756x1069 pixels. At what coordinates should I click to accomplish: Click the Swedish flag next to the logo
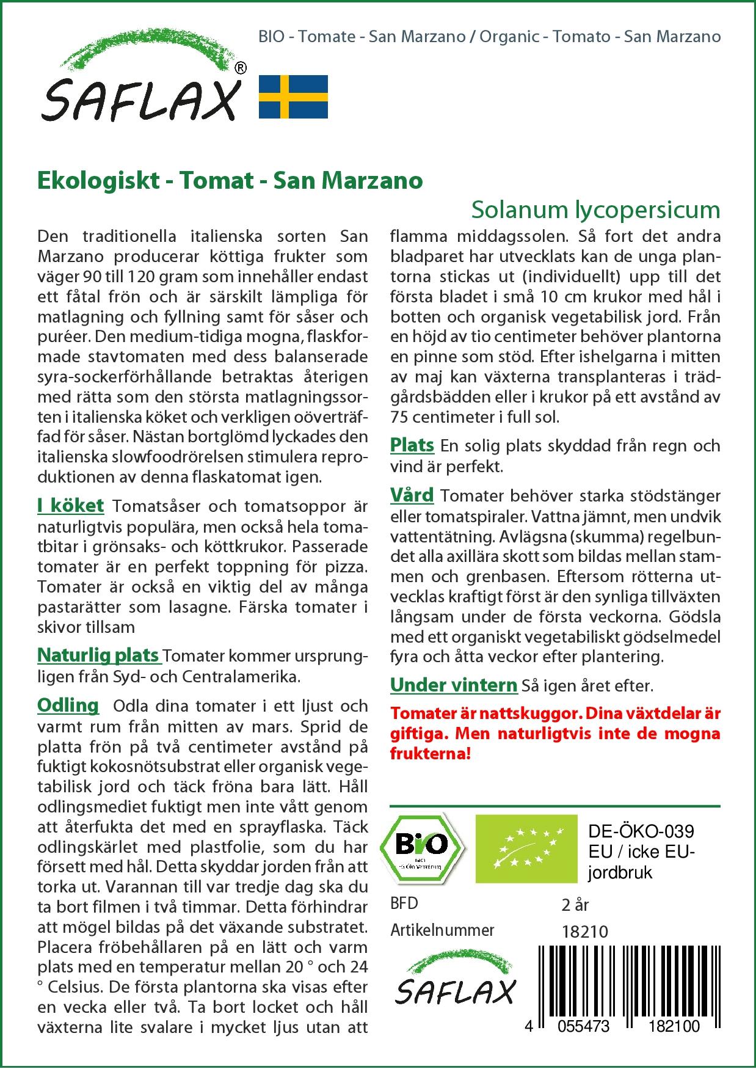(293, 97)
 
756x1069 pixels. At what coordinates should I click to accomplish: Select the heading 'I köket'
(70, 506)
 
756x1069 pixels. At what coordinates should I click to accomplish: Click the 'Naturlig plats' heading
(98, 655)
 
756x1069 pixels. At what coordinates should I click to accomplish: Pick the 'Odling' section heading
(68, 706)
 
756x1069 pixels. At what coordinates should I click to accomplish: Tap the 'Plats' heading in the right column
(412, 445)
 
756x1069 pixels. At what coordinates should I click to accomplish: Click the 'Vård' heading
(412, 495)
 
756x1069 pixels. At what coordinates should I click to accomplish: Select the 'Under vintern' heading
(454, 685)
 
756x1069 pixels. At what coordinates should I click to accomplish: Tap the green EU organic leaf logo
(526, 848)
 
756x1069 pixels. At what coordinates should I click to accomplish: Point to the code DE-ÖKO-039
(641, 831)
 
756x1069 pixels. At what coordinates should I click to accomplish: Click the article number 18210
(584, 931)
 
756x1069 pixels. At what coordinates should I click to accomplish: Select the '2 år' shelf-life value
(575, 905)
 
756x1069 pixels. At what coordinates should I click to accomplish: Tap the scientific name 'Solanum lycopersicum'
(595, 210)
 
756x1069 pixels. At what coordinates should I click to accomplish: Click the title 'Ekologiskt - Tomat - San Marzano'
(230, 180)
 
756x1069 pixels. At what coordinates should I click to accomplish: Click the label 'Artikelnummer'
(442, 930)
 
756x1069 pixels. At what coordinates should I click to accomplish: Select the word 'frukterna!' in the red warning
(431, 754)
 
